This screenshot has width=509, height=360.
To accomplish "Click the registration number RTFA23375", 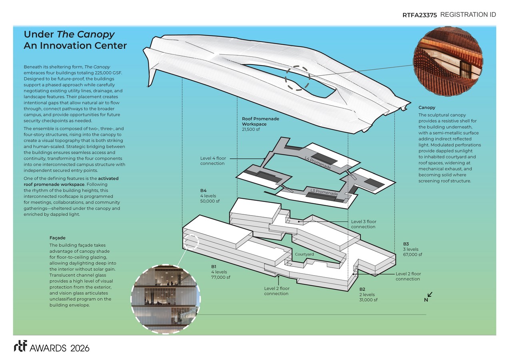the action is tap(419, 15).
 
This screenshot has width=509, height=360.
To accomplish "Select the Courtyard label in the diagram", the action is tap(304, 254).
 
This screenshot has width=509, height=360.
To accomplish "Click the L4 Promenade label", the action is tap(317, 162).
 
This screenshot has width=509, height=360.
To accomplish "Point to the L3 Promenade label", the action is tap(324, 192).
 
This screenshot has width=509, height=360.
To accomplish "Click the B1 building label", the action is tap(214, 266).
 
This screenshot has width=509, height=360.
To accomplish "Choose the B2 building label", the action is tap(362, 289).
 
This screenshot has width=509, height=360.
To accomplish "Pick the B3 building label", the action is tap(406, 244).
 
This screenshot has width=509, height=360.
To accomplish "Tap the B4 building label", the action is tap(203, 190).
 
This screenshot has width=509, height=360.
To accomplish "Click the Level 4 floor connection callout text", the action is tap(213, 161).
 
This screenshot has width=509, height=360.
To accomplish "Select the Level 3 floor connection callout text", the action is tap(363, 224).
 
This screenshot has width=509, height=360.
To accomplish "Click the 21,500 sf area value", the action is tap(251, 129).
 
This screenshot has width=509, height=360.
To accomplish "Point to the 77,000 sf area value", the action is tap(221, 277).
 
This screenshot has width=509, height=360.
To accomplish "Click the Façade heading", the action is tap(57, 238).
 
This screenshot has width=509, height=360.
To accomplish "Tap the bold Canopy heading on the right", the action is tap(427, 108).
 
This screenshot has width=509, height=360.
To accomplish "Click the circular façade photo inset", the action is tap(166, 299).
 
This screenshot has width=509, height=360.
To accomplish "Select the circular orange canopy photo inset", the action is tap(448, 61).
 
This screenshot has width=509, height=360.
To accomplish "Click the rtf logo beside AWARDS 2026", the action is tap(20, 346).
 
